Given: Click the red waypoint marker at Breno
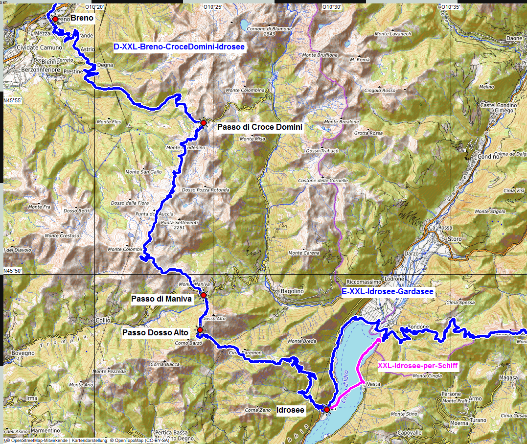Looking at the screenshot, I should (x=55, y=19).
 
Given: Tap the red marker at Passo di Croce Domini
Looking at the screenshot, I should (x=204, y=122).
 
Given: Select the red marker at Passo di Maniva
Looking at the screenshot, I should (x=203, y=295).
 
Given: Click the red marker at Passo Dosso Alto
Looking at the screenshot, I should (x=200, y=330).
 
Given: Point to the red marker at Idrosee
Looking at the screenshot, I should (x=326, y=409).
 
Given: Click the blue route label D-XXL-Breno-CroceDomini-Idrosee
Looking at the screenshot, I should (x=179, y=47).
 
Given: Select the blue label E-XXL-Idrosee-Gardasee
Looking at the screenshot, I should (x=388, y=292).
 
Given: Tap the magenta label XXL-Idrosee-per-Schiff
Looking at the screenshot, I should (x=418, y=365).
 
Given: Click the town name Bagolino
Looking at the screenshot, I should (x=292, y=291).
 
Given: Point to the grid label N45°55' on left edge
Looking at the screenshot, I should (x=13, y=100).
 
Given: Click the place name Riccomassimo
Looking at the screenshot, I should (x=363, y=282).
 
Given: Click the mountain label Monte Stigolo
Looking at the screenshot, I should (x=490, y=211).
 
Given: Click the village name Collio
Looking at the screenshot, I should (x=103, y=320).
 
